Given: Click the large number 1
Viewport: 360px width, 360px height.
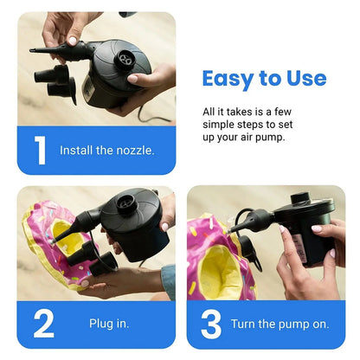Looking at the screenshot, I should coord(40,150).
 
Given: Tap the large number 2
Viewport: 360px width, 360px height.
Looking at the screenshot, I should coord(43,323).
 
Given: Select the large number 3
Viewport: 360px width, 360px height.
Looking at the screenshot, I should coord(211,323).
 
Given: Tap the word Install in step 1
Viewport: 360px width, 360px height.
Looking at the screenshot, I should coord(76,150).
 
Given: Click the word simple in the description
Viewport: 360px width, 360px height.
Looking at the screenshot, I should coord(222,125).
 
